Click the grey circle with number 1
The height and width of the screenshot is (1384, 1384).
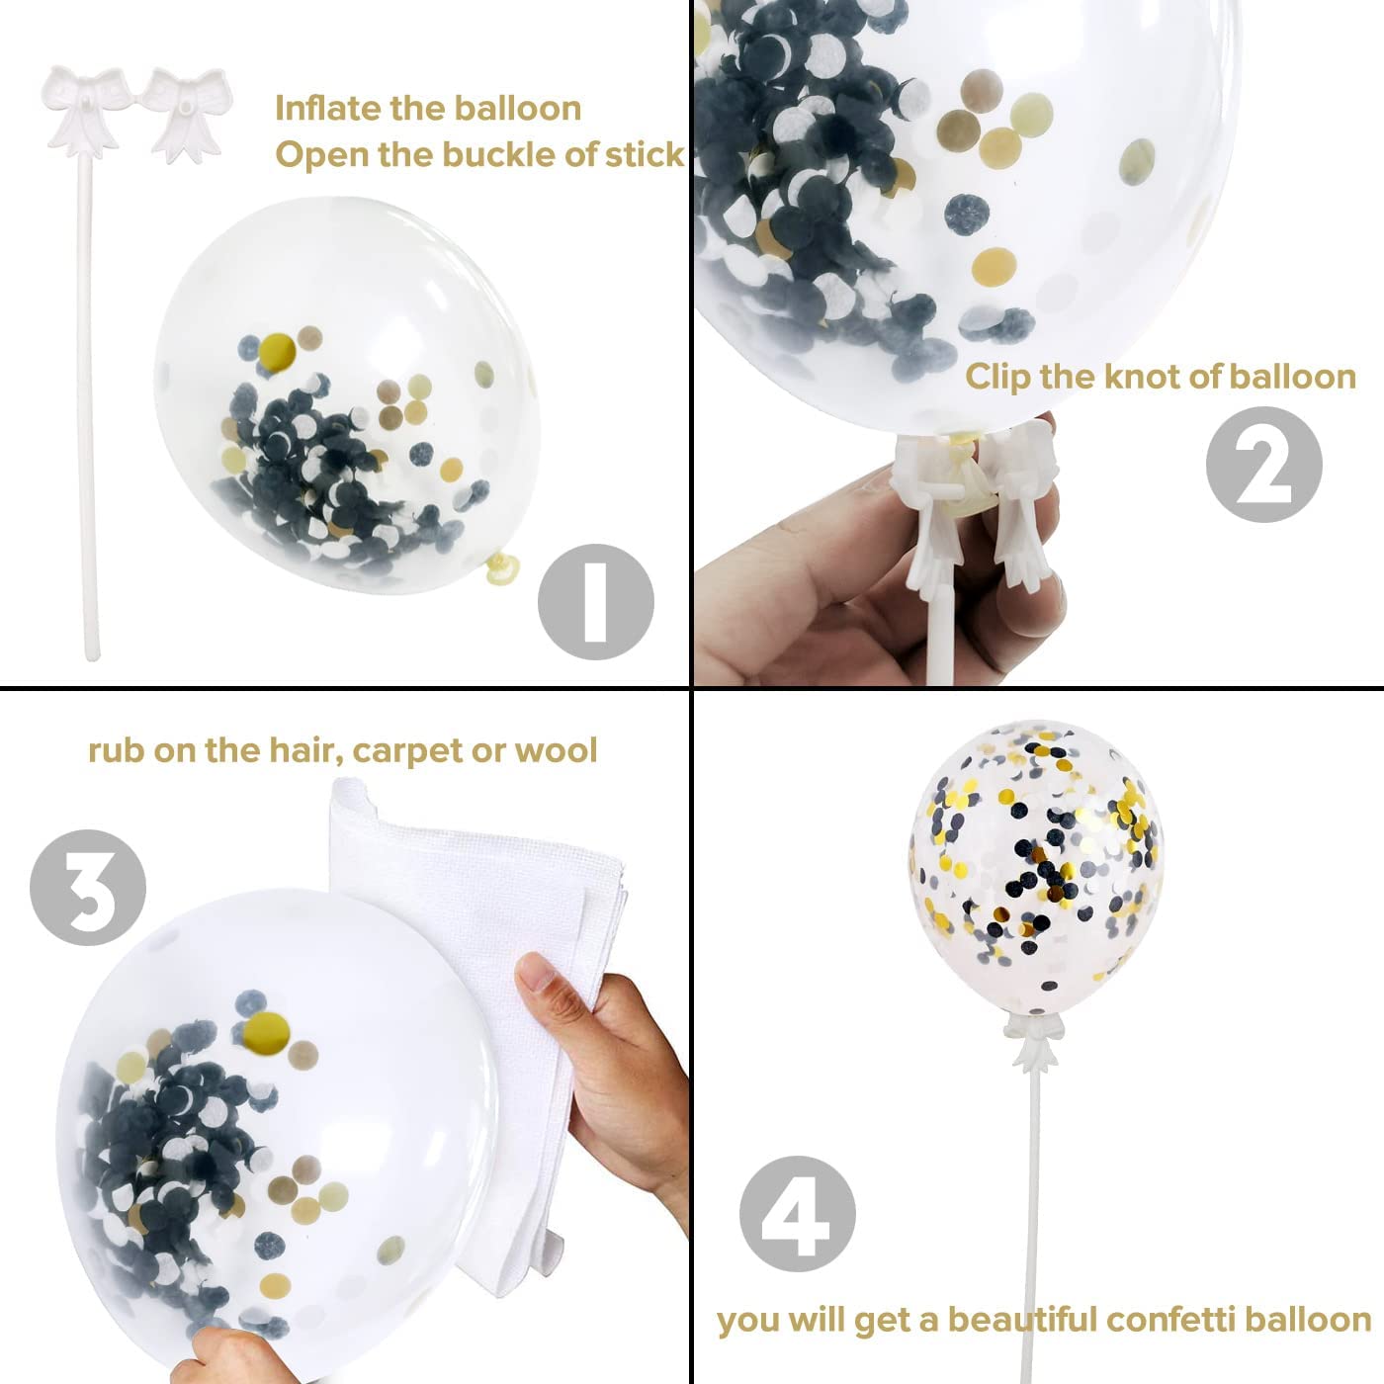click(595, 602)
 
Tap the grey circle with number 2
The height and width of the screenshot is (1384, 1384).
click(1264, 464)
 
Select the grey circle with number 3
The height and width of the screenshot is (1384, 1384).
click(88, 888)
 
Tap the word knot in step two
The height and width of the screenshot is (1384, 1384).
click(1140, 377)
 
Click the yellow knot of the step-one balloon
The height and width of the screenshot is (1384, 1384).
click(501, 568)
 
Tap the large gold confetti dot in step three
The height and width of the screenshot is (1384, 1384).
click(266, 1031)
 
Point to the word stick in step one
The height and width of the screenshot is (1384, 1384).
click(645, 154)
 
